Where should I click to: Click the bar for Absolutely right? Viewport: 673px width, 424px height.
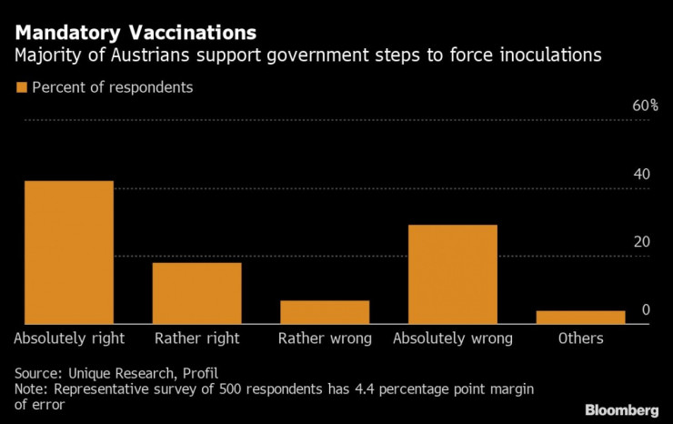click(x=69, y=252)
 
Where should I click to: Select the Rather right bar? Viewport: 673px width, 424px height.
click(x=196, y=293)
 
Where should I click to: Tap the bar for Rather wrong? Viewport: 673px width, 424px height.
click(x=325, y=312)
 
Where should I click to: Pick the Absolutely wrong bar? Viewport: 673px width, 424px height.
click(x=452, y=274)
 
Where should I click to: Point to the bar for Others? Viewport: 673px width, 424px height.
click(x=580, y=317)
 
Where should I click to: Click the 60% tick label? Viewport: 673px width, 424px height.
click(x=645, y=106)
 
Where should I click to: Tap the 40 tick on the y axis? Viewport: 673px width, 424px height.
click(x=641, y=174)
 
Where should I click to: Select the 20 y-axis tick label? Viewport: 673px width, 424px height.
click(x=641, y=242)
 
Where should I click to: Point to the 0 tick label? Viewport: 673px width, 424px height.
click(x=646, y=310)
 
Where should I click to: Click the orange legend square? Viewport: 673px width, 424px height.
click(x=20, y=88)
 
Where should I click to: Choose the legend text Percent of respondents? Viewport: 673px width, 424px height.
click(x=112, y=88)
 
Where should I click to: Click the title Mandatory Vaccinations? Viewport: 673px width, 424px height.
click(x=135, y=33)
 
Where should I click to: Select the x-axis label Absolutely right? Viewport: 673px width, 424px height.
click(x=69, y=338)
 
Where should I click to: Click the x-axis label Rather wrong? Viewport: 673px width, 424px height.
click(x=325, y=338)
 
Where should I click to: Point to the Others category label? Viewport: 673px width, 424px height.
click(x=580, y=338)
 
